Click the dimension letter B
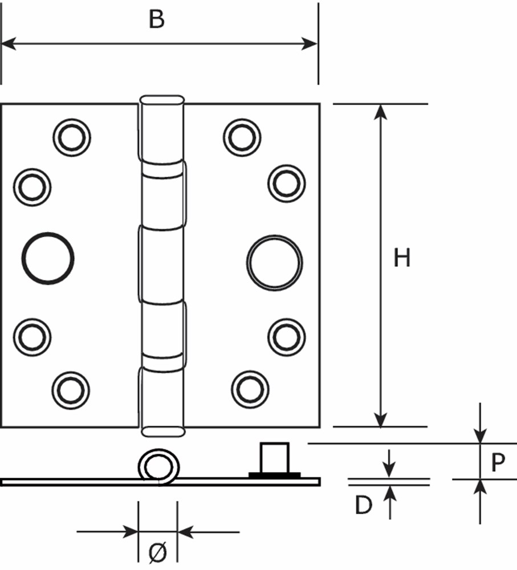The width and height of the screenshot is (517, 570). tap(157, 19)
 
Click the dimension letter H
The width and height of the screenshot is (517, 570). tap(402, 258)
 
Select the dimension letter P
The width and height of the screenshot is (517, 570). tap(498, 462)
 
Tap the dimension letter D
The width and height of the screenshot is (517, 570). tap(364, 505)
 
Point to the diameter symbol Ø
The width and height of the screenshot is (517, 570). tap(158, 552)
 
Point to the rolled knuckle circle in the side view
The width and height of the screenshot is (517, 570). tap(158, 451)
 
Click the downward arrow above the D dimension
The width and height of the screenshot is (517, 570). tap(389, 463)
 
